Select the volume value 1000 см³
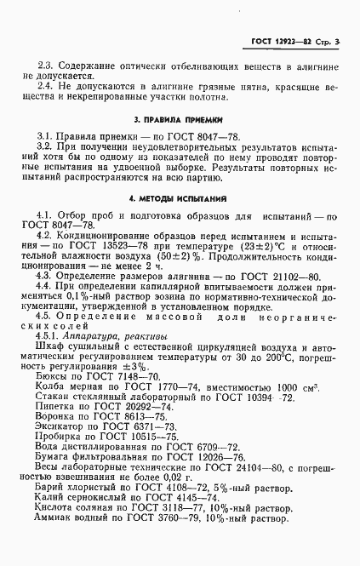click(x=285, y=387)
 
